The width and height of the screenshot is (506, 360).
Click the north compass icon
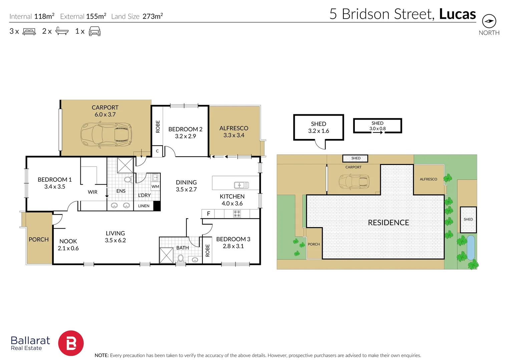pyautogui.click(x=489, y=21)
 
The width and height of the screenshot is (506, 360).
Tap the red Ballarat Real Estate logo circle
pyautogui.click(x=71, y=343)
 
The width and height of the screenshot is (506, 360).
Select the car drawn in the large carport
pyautogui.click(x=106, y=135)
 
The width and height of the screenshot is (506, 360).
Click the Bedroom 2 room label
pyautogui.click(x=185, y=132)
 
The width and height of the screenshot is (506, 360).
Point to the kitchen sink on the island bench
pyautogui.click(x=241, y=185)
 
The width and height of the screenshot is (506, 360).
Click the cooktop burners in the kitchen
pyautogui.click(x=237, y=214)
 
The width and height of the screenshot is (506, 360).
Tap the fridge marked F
pyautogui.click(x=208, y=214)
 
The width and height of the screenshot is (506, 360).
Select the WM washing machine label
pyautogui.click(x=155, y=186)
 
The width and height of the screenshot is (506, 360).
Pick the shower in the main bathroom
pyautogui.click(x=166, y=255)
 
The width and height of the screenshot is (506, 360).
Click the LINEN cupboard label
pyautogui.click(x=144, y=206)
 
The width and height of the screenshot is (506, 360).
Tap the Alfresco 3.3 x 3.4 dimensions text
pyautogui.click(x=234, y=135)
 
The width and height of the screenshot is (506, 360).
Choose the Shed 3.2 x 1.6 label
pyautogui.click(x=319, y=127)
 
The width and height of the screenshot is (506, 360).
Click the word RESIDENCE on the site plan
pyautogui.click(x=388, y=223)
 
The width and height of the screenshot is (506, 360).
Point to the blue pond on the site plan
pyautogui.click(x=471, y=248)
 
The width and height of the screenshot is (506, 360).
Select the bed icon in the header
pyautogui.click(x=29, y=31)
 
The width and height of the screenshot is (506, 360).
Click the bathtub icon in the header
pyautogui.click(x=62, y=31)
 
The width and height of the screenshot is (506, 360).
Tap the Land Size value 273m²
pyautogui.click(x=153, y=16)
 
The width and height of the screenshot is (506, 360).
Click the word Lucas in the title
pyautogui.click(x=457, y=14)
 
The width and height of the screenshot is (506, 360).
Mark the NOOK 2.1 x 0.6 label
pyautogui.click(x=68, y=245)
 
